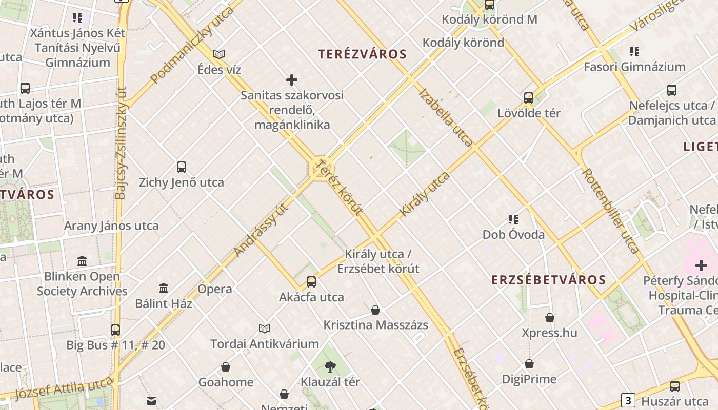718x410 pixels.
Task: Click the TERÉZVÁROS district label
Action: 362,54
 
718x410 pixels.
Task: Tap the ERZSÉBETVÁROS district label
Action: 548,280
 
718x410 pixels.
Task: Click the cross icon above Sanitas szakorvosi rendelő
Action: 292,80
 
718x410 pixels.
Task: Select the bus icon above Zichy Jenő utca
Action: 182,167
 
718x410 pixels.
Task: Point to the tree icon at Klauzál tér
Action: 330,366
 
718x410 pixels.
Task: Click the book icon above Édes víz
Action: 219,54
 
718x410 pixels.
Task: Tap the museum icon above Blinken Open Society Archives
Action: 82,261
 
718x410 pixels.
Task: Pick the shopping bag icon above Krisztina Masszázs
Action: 375,310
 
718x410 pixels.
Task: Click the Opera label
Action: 215,289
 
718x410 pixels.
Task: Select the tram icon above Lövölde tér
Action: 529,97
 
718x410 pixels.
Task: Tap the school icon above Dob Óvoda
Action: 513,219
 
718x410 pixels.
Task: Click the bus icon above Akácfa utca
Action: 311,281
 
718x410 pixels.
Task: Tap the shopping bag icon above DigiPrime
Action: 529,364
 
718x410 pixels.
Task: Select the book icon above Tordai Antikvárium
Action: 265,329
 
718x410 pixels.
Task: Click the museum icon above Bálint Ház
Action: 164,288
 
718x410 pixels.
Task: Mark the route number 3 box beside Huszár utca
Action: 628,400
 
